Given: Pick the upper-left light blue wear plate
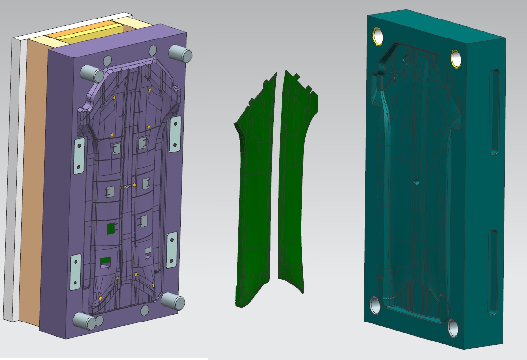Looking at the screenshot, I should [x=78, y=155].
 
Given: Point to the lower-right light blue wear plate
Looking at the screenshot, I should [x=172, y=250].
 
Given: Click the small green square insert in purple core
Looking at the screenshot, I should [x=111, y=228].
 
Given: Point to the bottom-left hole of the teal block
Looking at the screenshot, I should [x=376, y=305].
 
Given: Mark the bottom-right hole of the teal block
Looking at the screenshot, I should [x=453, y=328].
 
